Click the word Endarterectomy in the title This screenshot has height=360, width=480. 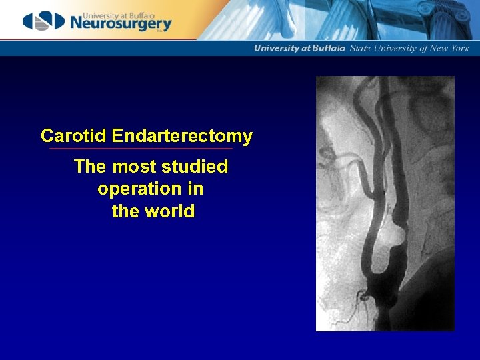pyautogui.click(x=182, y=137)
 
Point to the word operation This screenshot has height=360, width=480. pyautogui.click(x=139, y=189)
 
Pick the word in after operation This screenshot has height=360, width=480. pyautogui.click(x=195, y=189)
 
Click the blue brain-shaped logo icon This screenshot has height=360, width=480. pyautogui.click(x=43, y=21)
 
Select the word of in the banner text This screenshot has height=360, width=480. pyautogui.click(x=421, y=48)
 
